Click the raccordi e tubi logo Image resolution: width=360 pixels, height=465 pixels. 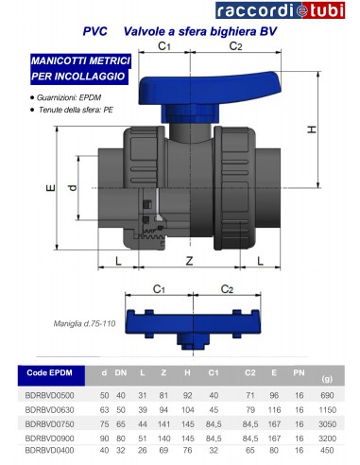coord(280,10)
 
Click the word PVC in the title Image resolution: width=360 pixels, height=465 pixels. coord(94,31)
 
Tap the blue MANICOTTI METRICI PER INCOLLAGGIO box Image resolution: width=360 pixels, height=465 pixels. coord(80,69)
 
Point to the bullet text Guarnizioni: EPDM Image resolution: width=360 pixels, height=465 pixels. coord(69,97)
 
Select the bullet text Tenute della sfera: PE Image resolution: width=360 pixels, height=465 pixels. coord(76,110)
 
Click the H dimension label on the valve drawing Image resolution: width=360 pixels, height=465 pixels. coord(312,129)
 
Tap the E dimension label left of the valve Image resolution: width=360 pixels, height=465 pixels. coord(51,188)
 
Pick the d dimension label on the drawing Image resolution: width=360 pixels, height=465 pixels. coord(72,188)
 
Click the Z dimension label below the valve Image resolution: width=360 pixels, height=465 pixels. coord(189,261)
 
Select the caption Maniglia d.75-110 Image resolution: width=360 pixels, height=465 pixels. coord(84,323)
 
